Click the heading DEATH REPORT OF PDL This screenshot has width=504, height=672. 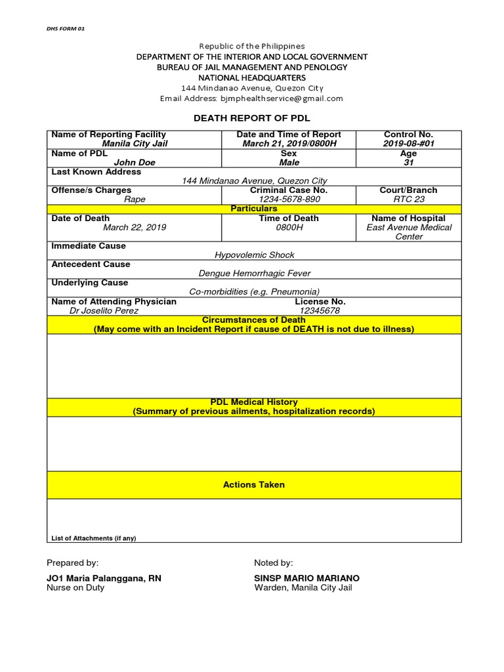(x=251, y=118)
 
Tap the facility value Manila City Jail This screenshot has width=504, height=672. (x=134, y=144)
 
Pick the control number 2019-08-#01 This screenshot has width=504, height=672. (x=408, y=144)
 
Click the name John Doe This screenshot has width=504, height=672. (x=135, y=162)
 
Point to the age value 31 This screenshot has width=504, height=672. (x=408, y=162)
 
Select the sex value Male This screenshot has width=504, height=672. (x=289, y=162)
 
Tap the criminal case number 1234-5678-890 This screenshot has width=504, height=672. (x=289, y=199)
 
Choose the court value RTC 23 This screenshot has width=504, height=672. (x=408, y=199)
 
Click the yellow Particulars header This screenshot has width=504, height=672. (x=254, y=209)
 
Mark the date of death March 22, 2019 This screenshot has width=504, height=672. (x=135, y=228)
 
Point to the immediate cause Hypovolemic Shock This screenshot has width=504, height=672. (x=255, y=255)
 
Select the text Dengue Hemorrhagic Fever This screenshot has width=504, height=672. (x=255, y=273)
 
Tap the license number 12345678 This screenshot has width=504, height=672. (x=320, y=311)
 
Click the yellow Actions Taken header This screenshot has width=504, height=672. (x=254, y=485)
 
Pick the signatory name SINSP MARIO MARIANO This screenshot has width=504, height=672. (x=306, y=578)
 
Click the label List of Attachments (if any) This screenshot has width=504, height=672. (x=94, y=538)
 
